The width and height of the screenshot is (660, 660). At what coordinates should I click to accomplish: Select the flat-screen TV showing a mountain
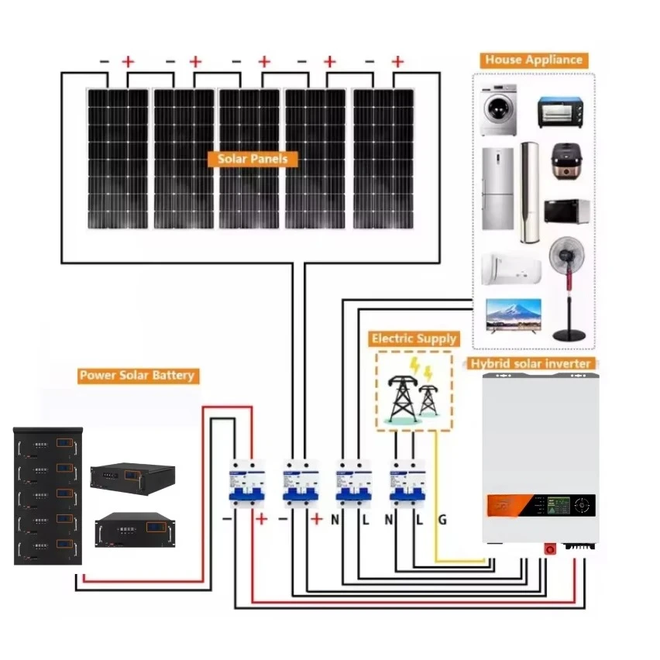click(x=511, y=316)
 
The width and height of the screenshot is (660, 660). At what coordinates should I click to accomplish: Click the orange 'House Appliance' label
click(x=533, y=60)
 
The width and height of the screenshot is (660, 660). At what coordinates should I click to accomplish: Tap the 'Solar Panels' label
click(x=253, y=159)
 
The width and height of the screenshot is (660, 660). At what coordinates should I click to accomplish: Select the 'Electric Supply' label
click(x=414, y=339)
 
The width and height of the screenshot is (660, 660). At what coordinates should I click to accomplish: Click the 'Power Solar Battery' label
click(x=138, y=376)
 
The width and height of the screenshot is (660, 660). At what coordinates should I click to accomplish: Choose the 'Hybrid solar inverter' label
click(x=531, y=363)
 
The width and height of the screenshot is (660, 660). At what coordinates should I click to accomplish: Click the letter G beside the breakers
click(x=442, y=520)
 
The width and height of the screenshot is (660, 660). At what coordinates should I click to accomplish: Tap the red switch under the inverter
click(x=551, y=548)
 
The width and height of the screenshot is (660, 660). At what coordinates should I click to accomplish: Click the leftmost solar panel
click(x=117, y=159)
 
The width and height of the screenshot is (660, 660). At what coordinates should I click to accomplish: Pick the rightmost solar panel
click(x=383, y=159)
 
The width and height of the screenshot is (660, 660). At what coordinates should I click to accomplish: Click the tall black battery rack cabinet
click(x=47, y=496)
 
